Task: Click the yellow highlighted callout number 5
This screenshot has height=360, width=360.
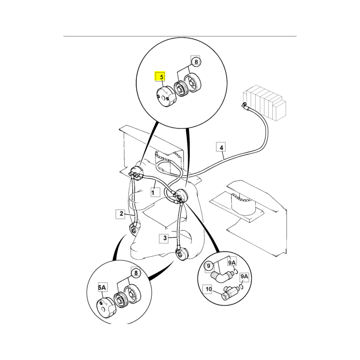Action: [160, 76]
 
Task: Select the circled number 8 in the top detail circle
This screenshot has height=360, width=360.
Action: [196, 62]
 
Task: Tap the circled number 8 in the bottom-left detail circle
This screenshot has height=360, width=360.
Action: [136, 273]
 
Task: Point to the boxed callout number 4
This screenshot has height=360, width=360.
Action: [221, 147]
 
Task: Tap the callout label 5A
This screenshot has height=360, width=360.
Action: [102, 287]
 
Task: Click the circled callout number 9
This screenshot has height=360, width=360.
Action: [208, 266]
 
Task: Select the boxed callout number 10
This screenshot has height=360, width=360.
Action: [208, 289]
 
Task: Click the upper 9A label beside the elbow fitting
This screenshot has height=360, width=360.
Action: [232, 262]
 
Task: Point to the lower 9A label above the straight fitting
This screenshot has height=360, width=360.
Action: [244, 276]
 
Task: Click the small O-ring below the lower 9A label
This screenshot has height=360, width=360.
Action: [241, 287]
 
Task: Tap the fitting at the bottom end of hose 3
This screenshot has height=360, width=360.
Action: [182, 253]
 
